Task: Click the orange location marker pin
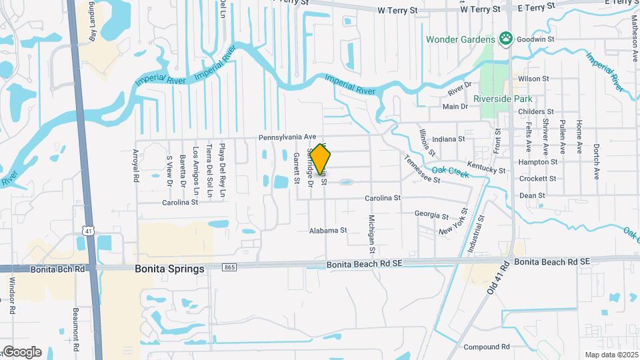(321, 159)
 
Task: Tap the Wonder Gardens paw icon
(507, 39)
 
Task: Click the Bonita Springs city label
(169, 269)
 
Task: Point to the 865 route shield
(230, 267)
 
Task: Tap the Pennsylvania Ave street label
(287, 137)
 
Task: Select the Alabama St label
(328, 231)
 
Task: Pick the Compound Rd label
(487, 347)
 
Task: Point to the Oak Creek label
(451, 172)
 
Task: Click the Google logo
(21, 351)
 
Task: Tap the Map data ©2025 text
(611, 355)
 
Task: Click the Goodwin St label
(533, 39)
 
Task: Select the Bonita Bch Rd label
(59, 269)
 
